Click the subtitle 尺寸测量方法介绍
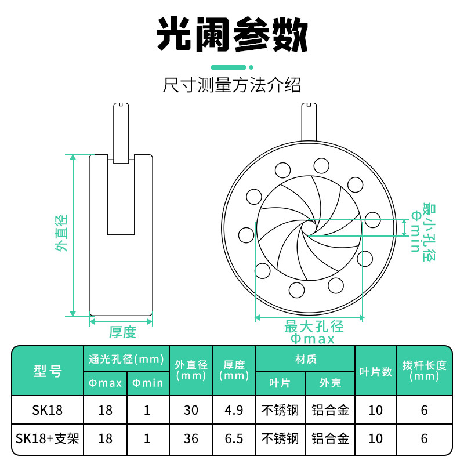231,86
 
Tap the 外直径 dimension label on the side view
61,233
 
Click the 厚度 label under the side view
122,332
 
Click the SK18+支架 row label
48,438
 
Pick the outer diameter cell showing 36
191,438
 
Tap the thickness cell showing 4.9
235,410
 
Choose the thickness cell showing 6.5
235,438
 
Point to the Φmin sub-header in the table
147,383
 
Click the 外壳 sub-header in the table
330,383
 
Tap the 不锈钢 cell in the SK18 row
280,410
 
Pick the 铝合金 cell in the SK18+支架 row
330,438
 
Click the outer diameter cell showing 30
191,410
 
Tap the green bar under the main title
231,66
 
